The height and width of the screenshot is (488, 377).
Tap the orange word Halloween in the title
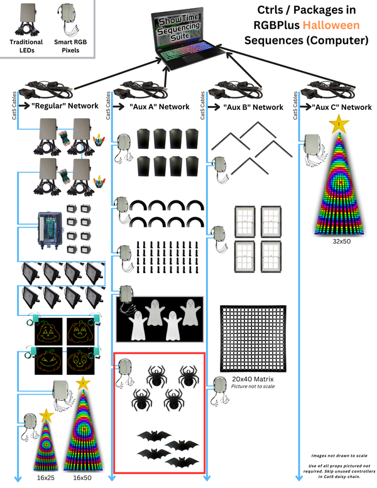(331, 25)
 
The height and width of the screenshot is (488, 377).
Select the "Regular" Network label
(65, 106)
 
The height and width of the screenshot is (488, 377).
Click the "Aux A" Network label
(160, 107)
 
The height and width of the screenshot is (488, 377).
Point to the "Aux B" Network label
(253, 107)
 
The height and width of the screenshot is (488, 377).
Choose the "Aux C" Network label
(342, 107)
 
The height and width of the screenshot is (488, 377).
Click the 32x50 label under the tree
(342, 241)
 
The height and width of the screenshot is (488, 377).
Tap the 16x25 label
(46, 477)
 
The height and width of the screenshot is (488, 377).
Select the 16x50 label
(82, 477)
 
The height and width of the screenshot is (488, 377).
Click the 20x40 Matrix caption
(253, 379)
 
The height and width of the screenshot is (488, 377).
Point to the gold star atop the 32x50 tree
(339, 124)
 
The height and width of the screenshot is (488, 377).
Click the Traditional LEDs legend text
(26, 46)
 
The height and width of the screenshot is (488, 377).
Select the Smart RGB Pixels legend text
(70, 46)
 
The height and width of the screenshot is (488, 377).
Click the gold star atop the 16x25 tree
(46, 415)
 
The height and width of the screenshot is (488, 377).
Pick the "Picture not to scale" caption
(253, 386)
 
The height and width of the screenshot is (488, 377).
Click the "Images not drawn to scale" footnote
(339, 455)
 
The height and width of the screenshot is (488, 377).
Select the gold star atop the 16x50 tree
(83, 383)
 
